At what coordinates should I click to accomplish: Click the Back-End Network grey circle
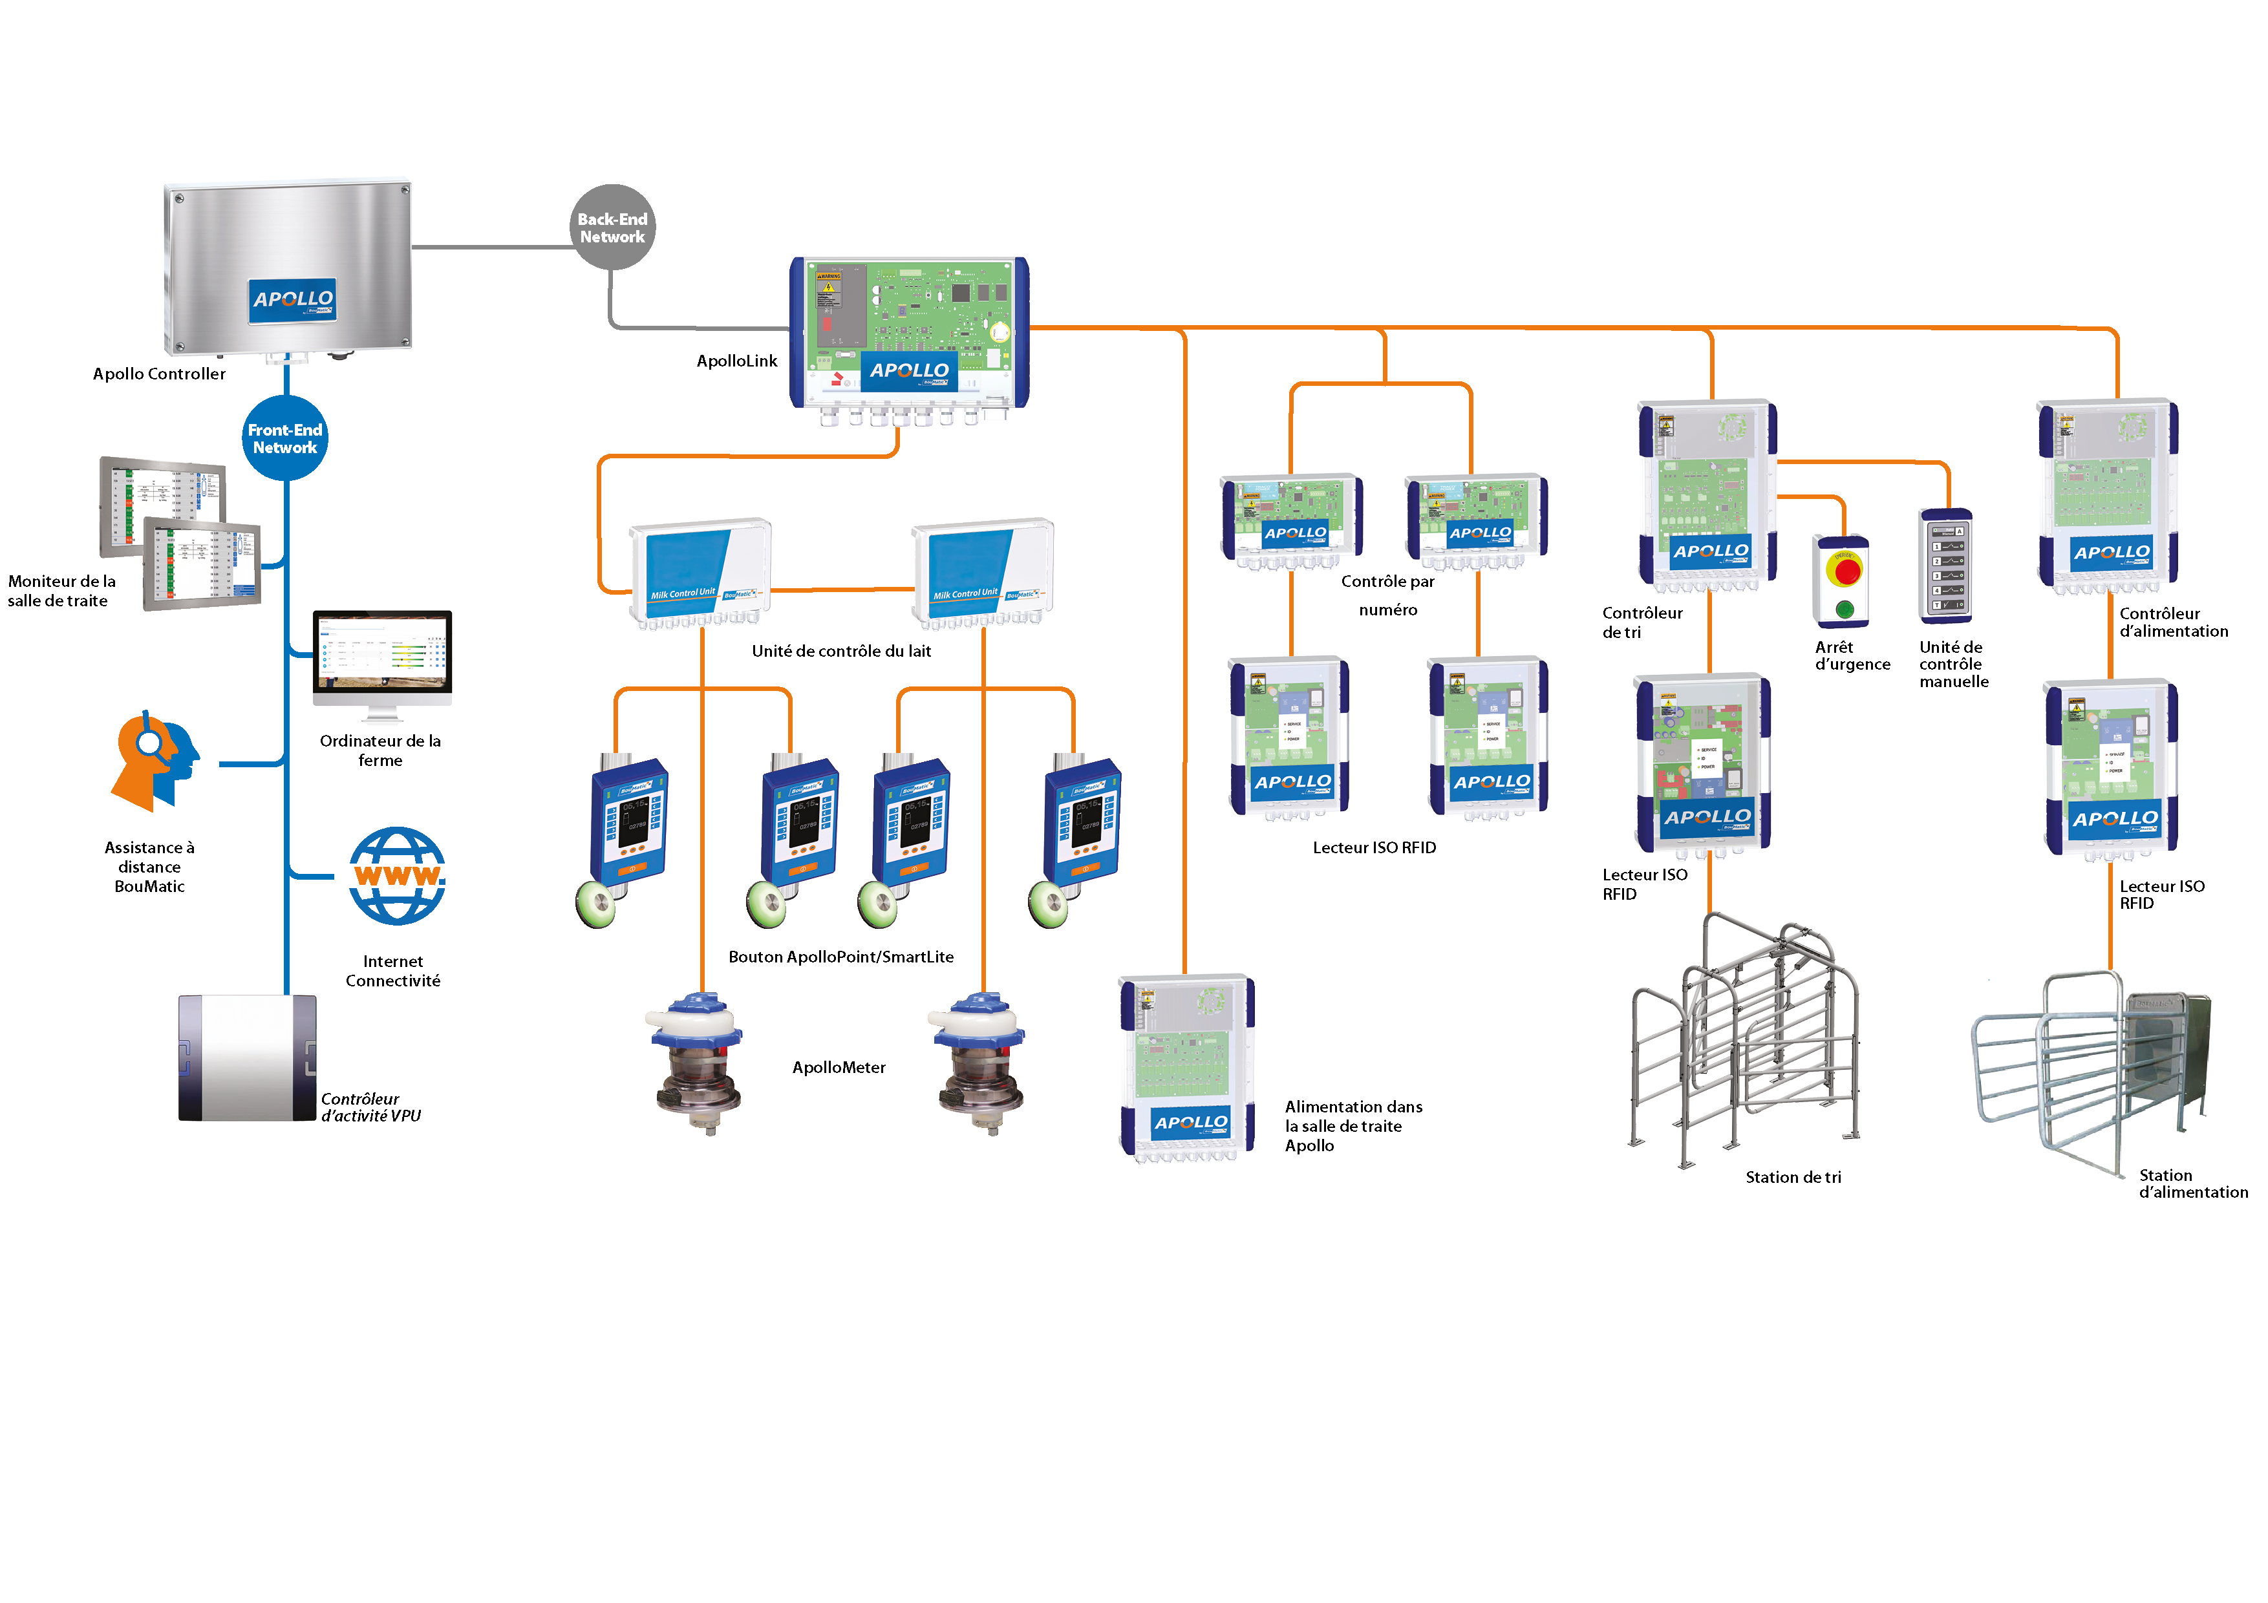point(612,227)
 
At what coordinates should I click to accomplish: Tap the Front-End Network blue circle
point(284,438)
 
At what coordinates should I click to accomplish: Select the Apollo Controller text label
point(159,374)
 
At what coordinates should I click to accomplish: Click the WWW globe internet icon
point(397,875)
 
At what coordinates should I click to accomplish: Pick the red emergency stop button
point(1845,570)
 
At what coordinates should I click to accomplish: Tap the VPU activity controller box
point(247,1057)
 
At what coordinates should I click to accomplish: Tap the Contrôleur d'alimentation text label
point(2172,622)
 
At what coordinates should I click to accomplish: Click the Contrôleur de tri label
point(1641,622)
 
